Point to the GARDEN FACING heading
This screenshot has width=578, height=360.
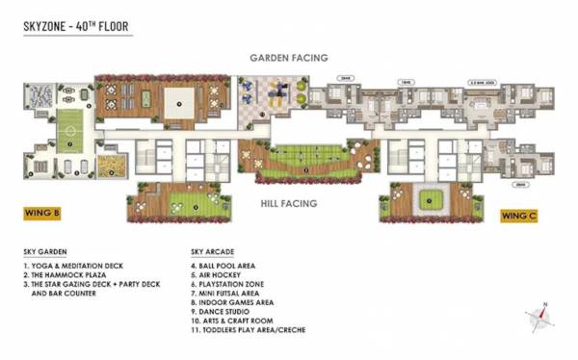point(289,58)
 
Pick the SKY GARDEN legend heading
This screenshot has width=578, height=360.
point(46,252)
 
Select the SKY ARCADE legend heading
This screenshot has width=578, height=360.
point(216,252)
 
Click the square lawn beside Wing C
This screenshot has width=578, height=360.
point(427,200)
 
